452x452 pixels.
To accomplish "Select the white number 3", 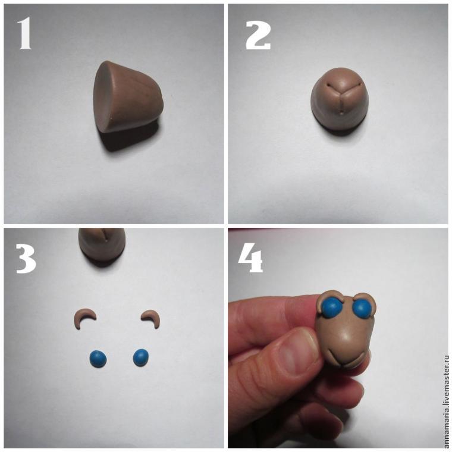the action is (x=26, y=258).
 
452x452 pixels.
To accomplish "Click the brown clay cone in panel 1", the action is (x=128, y=97).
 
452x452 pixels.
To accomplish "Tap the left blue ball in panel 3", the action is (x=98, y=359).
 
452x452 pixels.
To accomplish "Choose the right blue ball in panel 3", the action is (x=141, y=357).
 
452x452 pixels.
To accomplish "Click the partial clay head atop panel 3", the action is (x=102, y=244).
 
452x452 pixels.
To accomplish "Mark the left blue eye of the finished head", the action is (x=332, y=307).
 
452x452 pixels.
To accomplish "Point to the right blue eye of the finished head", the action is (x=362, y=309).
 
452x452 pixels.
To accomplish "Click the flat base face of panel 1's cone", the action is (x=104, y=96).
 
